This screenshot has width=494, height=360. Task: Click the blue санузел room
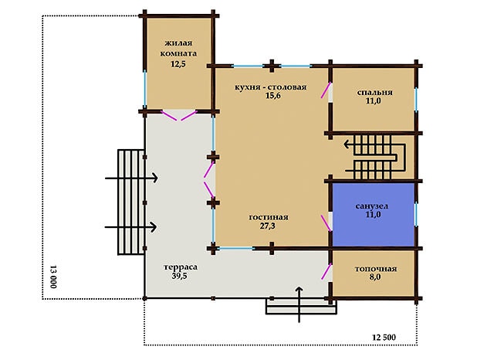point(374,215)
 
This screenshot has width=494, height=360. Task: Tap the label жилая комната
point(178,48)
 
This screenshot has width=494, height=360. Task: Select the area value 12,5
point(178,64)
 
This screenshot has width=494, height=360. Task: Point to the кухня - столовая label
point(271,87)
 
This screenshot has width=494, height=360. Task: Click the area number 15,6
point(272,96)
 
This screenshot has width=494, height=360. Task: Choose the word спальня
point(374,93)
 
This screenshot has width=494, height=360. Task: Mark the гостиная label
point(269,217)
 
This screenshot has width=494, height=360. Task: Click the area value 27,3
point(268,226)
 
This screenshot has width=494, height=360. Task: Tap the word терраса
point(181,267)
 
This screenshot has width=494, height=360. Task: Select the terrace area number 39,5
point(180,276)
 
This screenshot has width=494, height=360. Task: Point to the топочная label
point(376,269)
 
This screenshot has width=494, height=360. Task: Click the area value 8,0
point(375,277)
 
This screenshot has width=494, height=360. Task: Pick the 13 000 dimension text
point(53,277)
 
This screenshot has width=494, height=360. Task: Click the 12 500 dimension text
point(384,338)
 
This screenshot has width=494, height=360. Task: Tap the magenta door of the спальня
point(326,90)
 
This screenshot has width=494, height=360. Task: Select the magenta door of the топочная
point(327,271)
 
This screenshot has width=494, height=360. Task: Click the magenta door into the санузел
point(326,223)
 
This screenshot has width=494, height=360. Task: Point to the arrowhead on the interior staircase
point(347,144)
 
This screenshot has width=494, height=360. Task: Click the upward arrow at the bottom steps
point(299,304)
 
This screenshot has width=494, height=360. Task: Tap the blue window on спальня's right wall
point(416,100)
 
